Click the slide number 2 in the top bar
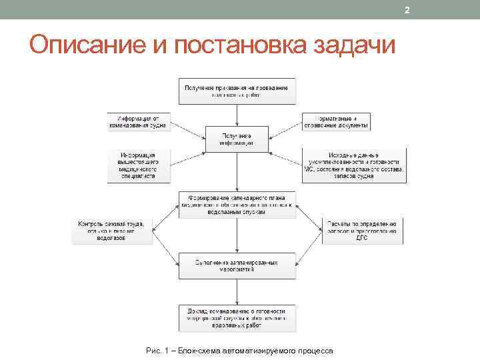[407, 10]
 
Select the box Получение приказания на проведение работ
[237, 91]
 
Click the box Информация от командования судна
[139, 122]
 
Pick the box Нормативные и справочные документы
[336, 122]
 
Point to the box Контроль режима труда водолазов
[112, 231]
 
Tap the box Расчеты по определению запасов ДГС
[362, 231]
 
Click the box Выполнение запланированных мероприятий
[237, 266]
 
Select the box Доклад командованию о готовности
[237, 317]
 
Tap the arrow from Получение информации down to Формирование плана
[237, 172]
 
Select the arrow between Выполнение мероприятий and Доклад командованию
[237, 291]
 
